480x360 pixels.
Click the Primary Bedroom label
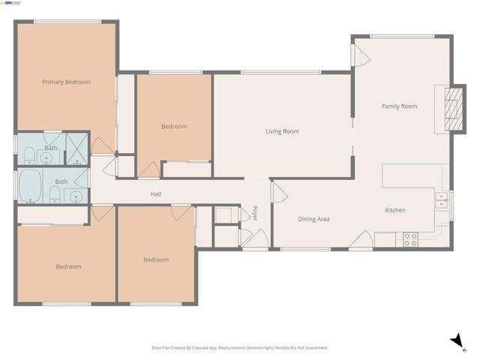66,82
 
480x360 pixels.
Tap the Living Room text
282,131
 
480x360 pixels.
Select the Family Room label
399,106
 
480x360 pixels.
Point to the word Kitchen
395,210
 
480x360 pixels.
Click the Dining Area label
314,219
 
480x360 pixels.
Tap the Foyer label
255,212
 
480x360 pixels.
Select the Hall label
156,194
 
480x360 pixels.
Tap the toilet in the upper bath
27,155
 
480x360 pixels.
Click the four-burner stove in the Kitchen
410,239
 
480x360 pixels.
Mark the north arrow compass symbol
455,340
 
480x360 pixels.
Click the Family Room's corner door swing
361,53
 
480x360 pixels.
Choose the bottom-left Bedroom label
68,266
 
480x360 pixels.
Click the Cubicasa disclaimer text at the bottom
240,348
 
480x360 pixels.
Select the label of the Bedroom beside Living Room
174,127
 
